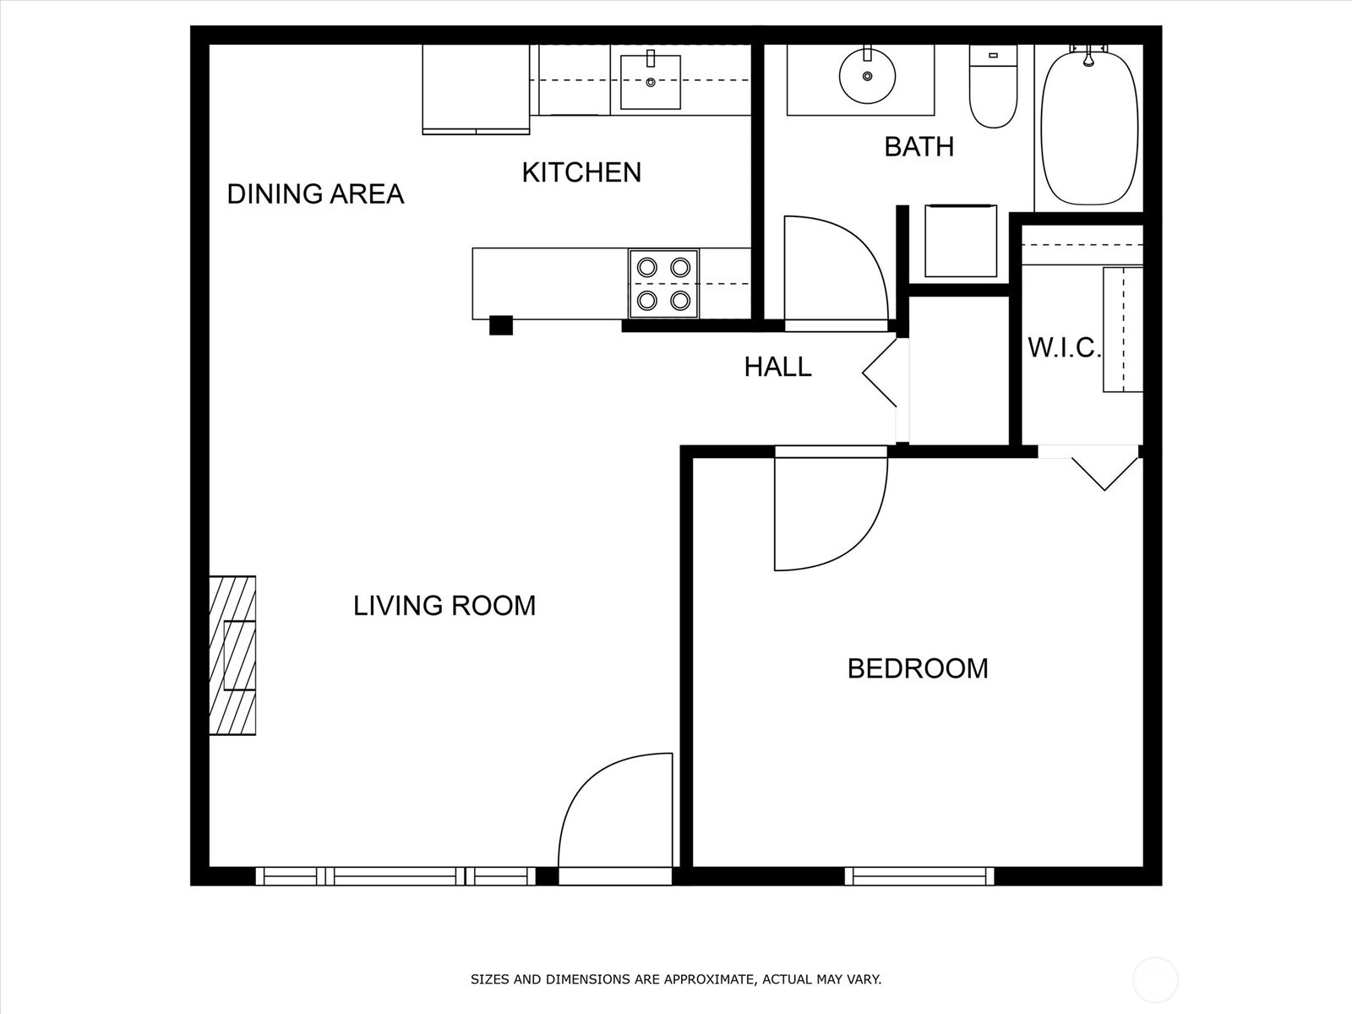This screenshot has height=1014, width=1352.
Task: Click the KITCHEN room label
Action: point(581,172)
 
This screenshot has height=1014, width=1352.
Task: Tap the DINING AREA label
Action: point(315,194)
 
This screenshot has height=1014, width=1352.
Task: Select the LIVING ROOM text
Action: point(444,606)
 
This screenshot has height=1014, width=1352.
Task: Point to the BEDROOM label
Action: point(918,668)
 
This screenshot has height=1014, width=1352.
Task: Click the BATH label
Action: point(919,146)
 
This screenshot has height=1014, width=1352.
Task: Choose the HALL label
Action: point(777,367)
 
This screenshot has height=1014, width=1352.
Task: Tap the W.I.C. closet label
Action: point(1064,348)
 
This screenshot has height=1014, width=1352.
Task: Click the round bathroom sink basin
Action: point(867,76)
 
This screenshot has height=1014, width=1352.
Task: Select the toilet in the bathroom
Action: point(993,86)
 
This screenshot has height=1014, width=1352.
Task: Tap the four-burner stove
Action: point(663,284)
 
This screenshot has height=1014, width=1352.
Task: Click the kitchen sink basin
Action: point(651,83)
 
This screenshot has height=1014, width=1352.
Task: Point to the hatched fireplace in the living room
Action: point(232,655)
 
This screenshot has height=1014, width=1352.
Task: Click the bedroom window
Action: point(919,876)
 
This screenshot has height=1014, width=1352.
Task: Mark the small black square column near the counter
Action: point(501,325)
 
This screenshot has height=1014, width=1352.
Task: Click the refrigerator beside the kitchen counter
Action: point(476,90)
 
